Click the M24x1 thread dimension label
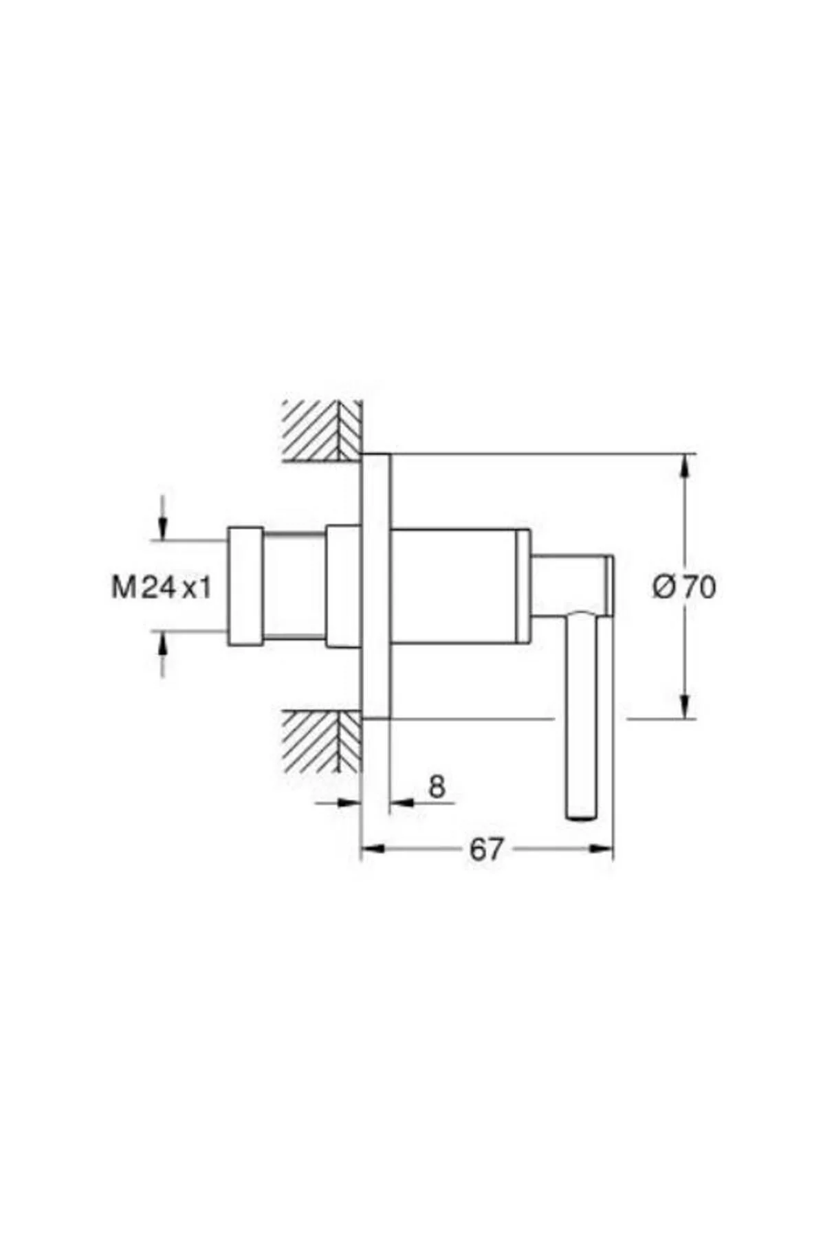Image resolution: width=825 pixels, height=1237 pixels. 162,588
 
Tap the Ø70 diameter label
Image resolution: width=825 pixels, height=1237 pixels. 684,587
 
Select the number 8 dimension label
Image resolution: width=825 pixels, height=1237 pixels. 437,786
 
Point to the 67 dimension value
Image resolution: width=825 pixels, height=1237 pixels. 486,849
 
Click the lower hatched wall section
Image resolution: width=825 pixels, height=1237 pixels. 322,741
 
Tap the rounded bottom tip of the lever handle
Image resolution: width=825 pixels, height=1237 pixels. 582,816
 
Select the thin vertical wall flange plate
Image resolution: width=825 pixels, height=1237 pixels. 376,586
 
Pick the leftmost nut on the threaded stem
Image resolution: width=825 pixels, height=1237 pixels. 245,586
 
